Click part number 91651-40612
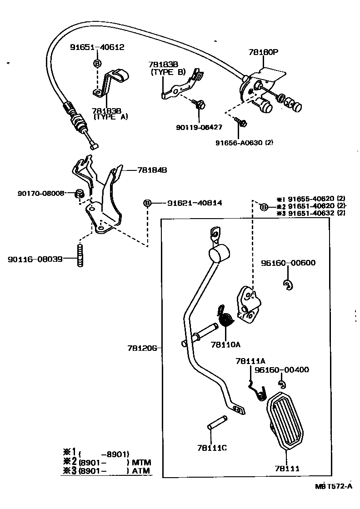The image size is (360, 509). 97,47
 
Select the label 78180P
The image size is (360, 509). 263,52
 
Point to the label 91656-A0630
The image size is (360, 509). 240,142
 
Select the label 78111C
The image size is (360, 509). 212,448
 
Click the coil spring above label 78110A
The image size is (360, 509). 226,318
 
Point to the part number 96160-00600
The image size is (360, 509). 288,263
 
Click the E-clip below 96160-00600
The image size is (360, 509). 287,285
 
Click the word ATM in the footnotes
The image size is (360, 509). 140,471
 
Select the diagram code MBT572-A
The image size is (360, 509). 334,486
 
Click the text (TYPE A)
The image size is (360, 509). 110,117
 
